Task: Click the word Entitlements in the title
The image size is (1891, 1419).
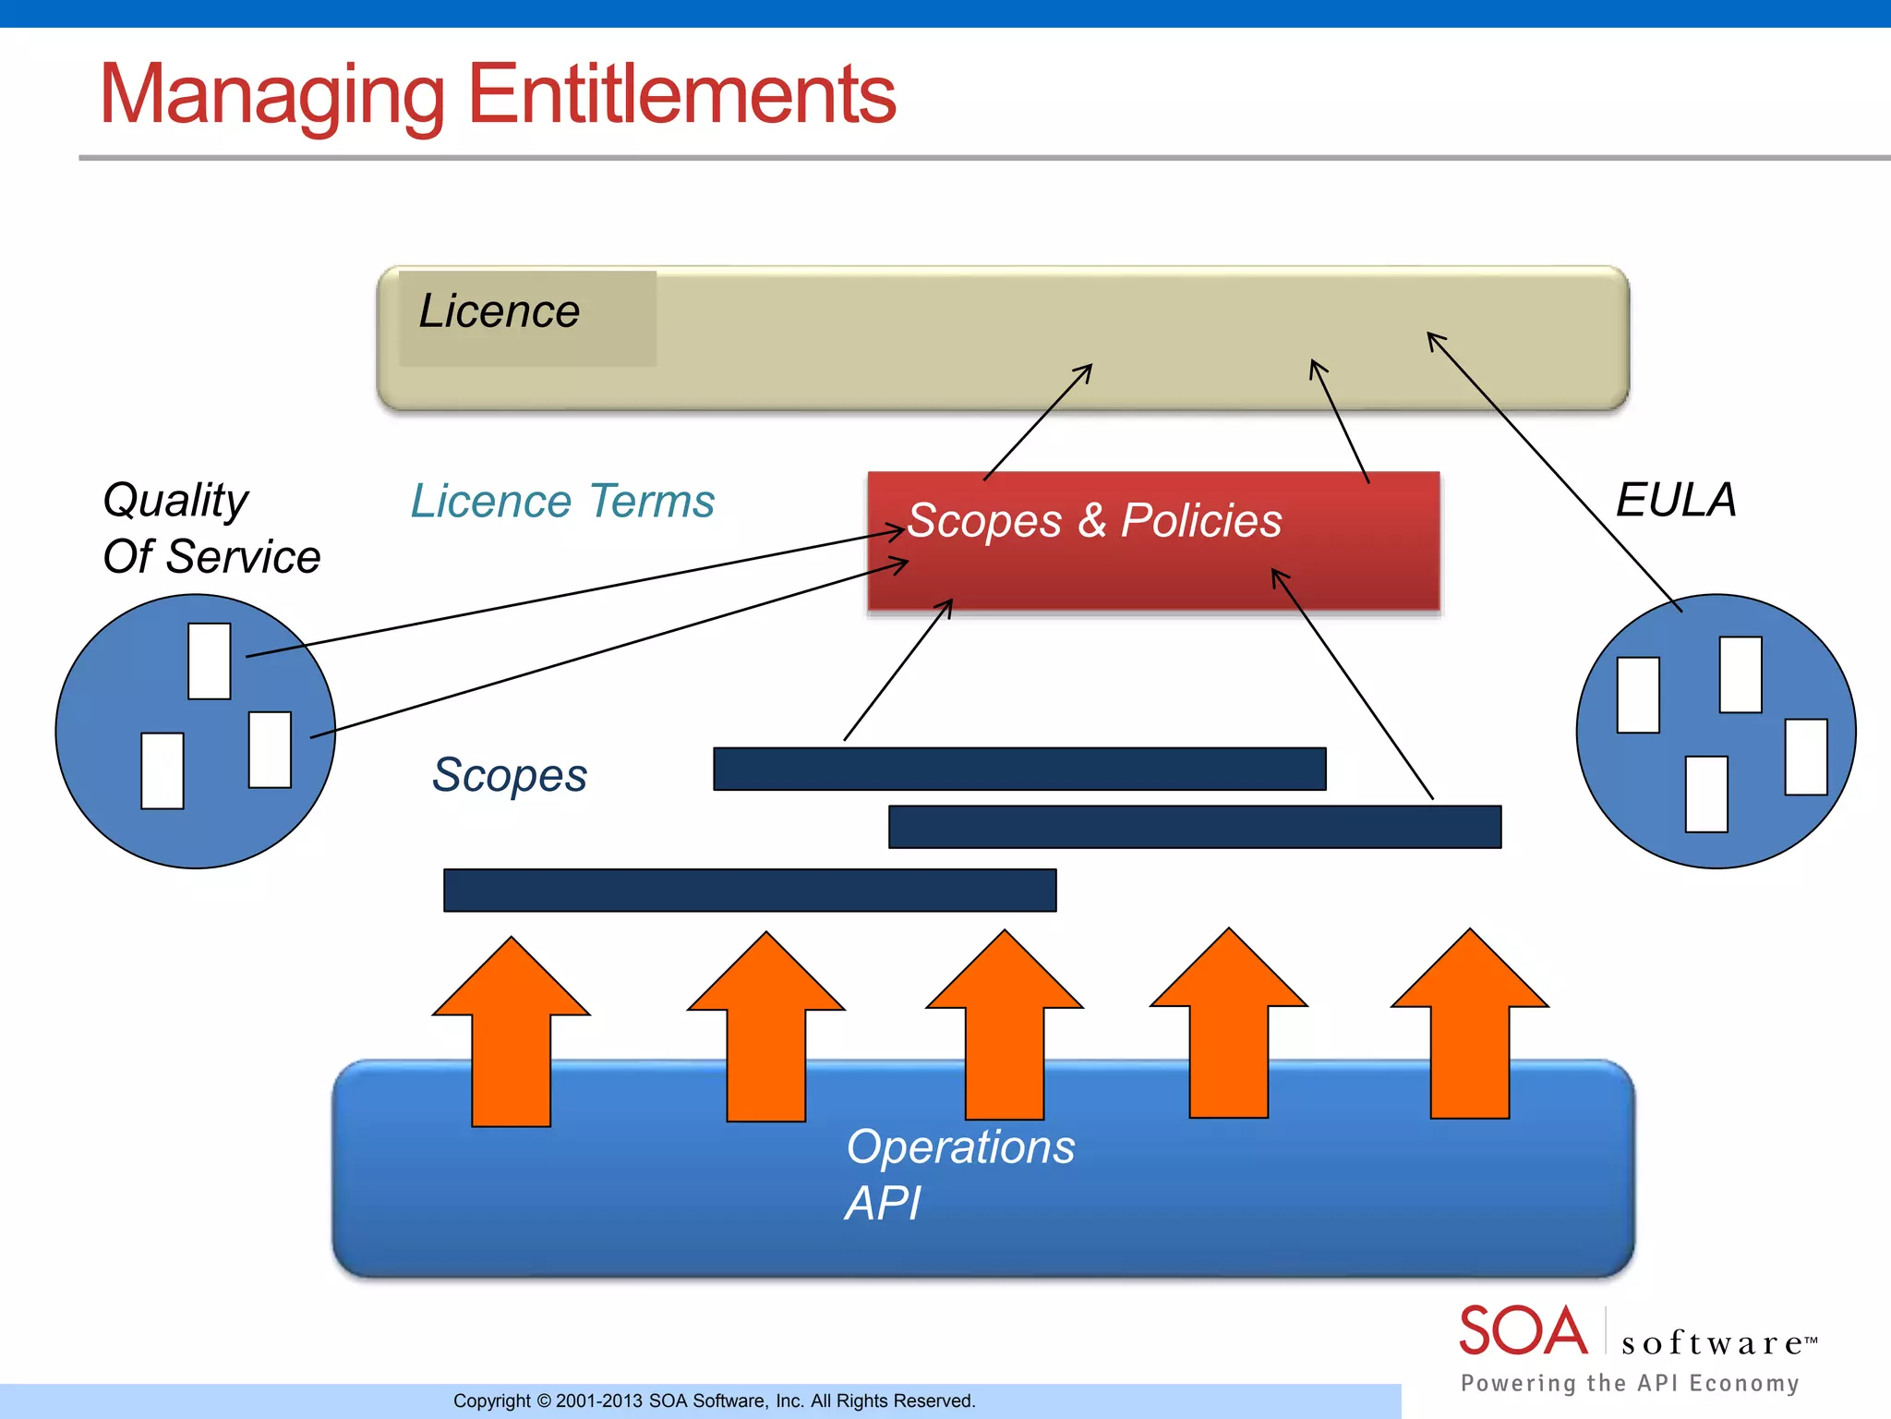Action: [x=681, y=94]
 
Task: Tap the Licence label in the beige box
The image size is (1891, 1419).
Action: [x=499, y=311]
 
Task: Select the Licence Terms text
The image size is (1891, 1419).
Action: [x=562, y=502]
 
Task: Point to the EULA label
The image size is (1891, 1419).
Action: [x=1676, y=501]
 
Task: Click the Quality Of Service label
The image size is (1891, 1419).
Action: [x=211, y=528]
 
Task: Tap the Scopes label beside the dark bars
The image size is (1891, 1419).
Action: [x=509, y=774]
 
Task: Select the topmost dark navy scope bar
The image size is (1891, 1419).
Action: [x=1019, y=769]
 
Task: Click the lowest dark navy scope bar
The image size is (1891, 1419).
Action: [x=750, y=891]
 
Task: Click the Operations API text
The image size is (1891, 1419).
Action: [x=960, y=1174]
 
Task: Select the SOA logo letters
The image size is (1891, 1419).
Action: [x=1523, y=1331]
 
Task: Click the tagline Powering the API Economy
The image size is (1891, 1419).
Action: [x=1630, y=1383]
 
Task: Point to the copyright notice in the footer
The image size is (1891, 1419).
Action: [x=714, y=1401]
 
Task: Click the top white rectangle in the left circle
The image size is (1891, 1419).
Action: [x=210, y=661]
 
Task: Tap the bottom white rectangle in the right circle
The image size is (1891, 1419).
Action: [x=1706, y=794]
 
